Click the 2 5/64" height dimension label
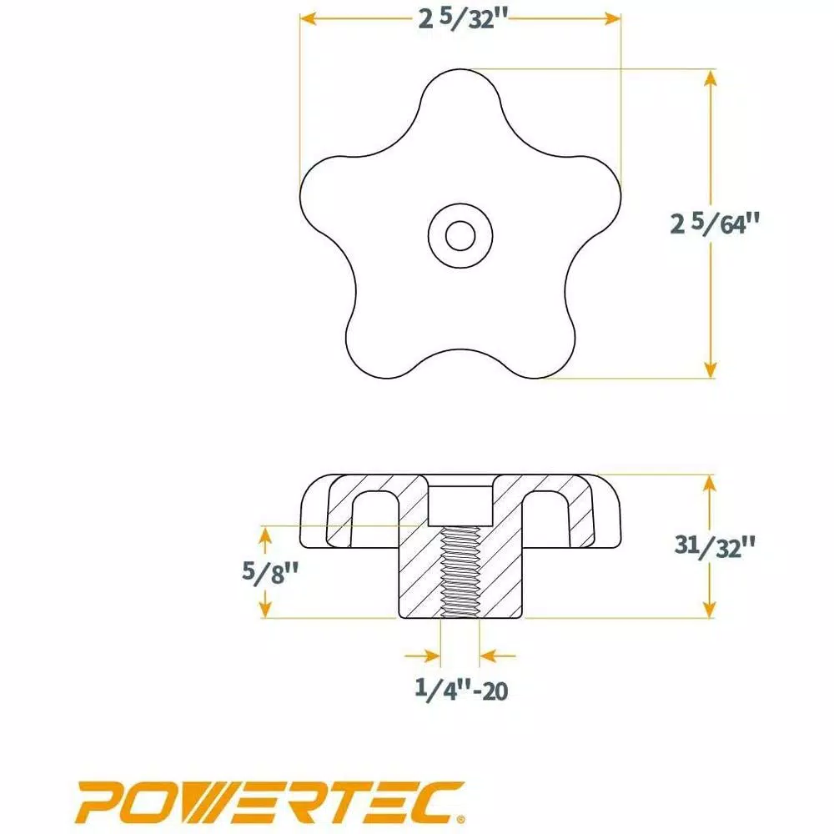(x=716, y=224)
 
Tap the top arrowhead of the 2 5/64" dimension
(x=710, y=77)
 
